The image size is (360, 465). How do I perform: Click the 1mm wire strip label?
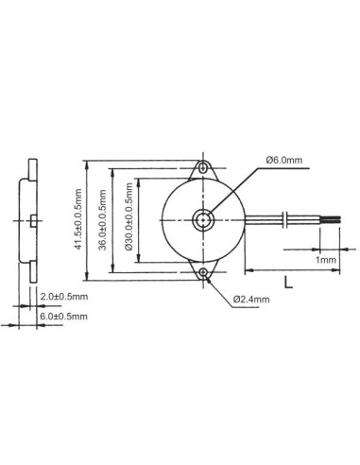click(x=326, y=258)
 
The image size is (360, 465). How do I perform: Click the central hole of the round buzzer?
click(x=203, y=219)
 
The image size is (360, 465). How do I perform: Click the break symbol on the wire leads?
click(x=285, y=220)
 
